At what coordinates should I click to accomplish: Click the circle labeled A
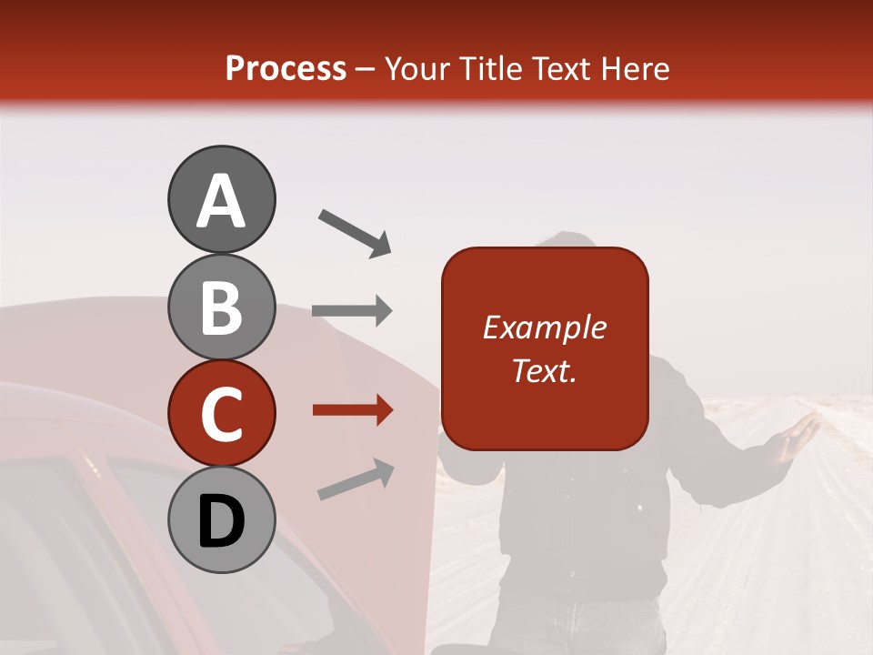(x=221, y=199)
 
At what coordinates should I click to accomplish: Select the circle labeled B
(x=221, y=307)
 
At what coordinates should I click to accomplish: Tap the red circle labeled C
(x=221, y=413)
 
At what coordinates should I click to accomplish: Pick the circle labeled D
(x=221, y=519)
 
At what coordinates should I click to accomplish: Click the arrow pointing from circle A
(x=354, y=232)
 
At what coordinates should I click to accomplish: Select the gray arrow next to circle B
(x=352, y=310)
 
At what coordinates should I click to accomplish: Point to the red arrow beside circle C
(x=352, y=410)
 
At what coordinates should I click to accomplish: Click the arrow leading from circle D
(x=356, y=479)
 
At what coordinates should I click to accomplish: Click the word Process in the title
(x=286, y=69)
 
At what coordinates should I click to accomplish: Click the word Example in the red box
(x=544, y=327)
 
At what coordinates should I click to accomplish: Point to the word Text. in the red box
(x=544, y=370)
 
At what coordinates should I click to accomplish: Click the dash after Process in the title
(x=365, y=69)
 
